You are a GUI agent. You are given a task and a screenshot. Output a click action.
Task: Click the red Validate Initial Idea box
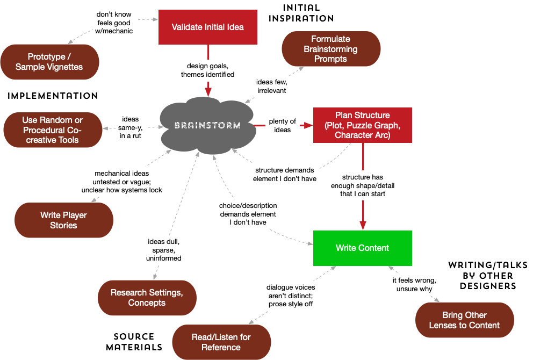point(207,27)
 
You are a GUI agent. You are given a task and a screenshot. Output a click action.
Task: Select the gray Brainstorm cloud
point(207,125)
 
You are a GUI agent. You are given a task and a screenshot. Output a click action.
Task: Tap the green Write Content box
point(362,248)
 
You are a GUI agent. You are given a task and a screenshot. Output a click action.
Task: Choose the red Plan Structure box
point(362,125)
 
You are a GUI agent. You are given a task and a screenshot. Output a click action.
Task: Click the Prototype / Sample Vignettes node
point(49,62)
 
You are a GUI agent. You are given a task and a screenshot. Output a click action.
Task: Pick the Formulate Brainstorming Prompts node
point(330,49)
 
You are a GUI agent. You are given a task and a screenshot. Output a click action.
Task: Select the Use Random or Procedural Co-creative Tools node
point(52,130)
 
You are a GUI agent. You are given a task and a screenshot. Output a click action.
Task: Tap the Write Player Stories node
point(63,220)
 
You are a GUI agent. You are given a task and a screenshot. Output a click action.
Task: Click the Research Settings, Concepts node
point(147,298)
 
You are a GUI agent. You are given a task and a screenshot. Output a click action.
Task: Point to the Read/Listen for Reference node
point(221,342)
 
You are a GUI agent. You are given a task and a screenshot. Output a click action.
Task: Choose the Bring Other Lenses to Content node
point(464,320)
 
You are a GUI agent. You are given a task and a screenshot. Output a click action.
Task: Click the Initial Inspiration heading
point(301,13)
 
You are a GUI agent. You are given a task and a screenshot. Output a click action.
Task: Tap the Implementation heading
point(53,96)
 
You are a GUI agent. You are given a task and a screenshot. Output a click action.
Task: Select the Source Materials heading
point(134,342)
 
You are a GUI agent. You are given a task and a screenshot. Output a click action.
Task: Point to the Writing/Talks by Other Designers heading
point(481,276)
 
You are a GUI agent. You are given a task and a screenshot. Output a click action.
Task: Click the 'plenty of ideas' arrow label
point(283,125)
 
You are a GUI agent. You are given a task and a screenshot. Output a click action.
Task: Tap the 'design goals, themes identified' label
point(207,70)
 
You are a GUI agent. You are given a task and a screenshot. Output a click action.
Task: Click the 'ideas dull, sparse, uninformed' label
point(164,250)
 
